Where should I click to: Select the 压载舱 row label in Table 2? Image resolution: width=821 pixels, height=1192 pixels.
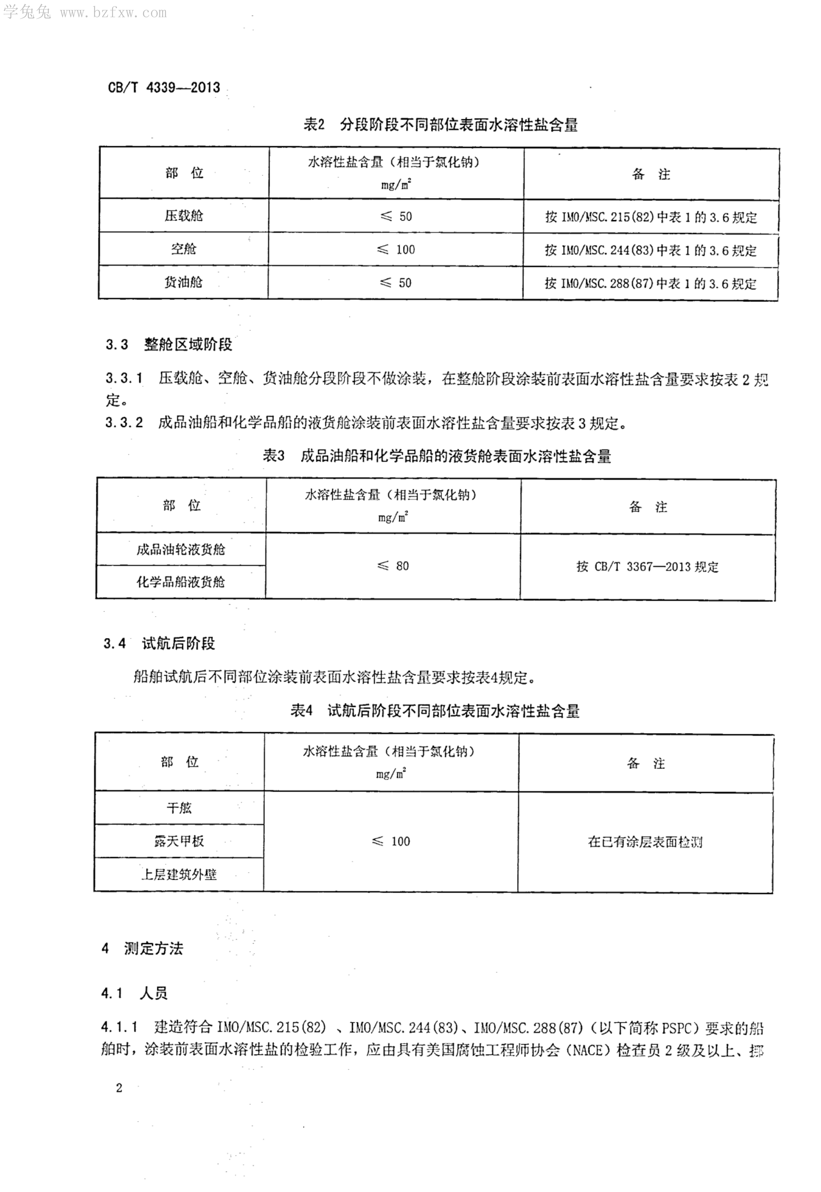(x=184, y=216)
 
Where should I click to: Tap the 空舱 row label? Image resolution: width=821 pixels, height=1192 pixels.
(x=184, y=249)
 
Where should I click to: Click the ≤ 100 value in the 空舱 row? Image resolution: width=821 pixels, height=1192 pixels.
(x=396, y=249)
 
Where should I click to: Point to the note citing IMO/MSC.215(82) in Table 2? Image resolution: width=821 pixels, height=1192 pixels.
(x=651, y=217)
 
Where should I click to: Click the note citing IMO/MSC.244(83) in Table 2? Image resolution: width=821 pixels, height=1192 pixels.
(x=651, y=250)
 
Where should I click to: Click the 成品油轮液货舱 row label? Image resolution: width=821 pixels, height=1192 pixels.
(x=181, y=549)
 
